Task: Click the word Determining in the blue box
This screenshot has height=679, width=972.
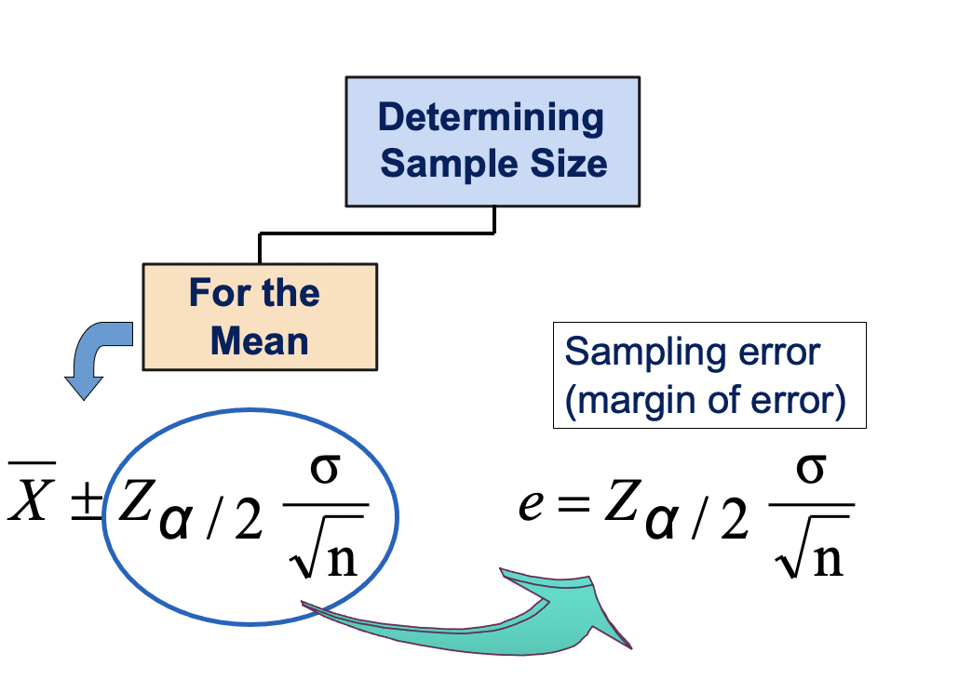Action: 491,118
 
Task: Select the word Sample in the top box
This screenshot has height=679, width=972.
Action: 437,164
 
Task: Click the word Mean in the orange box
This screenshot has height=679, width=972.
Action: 259,340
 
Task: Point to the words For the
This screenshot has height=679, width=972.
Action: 254,294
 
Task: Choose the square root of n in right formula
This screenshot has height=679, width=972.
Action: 813,551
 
